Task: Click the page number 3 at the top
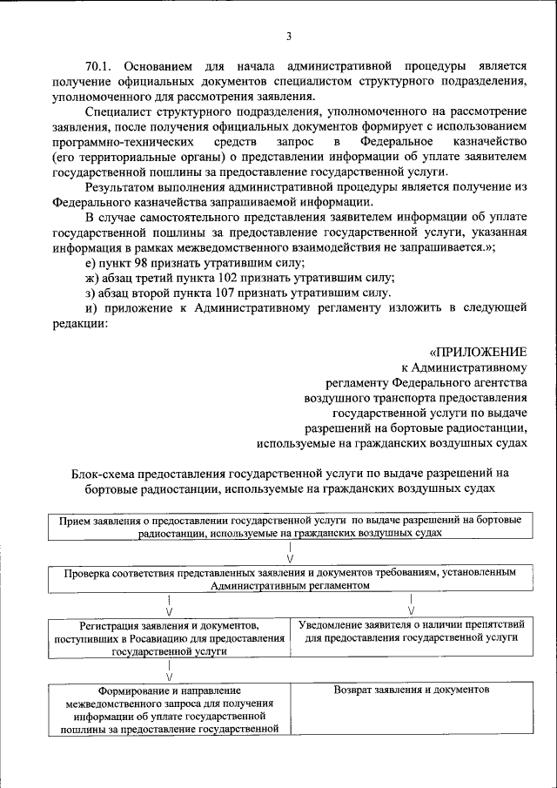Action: coord(288,36)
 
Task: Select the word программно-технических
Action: coord(121,141)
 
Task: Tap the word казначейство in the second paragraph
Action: coord(488,141)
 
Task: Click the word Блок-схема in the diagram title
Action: coord(105,473)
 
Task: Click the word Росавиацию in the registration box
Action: coord(141,637)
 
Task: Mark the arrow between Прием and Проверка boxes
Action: coord(289,553)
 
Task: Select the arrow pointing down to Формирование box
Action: coord(168,670)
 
